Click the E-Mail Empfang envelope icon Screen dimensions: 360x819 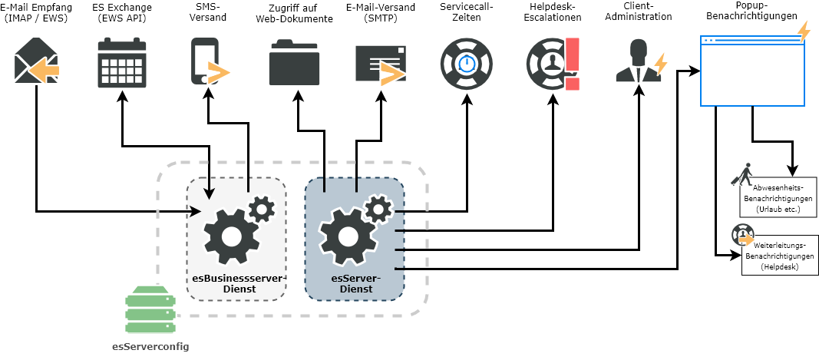pyautogui.click(x=36, y=61)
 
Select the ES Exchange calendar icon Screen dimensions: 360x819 pyautogui.click(x=122, y=63)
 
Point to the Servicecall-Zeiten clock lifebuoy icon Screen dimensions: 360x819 pyautogui.click(x=467, y=64)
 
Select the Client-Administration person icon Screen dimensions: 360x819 pyautogui.click(x=636, y=61)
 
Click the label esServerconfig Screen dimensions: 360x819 pyautogui.click(x=150, y=347)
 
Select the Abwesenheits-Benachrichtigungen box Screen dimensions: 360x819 pyautogui.click(x=778, y=198)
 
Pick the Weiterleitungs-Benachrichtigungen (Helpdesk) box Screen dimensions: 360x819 pyautogui.click(x=780, y=256)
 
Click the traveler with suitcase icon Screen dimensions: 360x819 pyautogui.click(x=742, y=175)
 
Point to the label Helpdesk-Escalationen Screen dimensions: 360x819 pyautogui.click(x=553, y=12)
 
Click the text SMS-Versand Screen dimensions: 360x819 pyautogui.click(x=207, y=12)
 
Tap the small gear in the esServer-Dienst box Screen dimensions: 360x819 pyautogui.click(x=378, y=208)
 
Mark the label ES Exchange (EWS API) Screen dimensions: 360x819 pyautogui.click(x=122, y=12)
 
